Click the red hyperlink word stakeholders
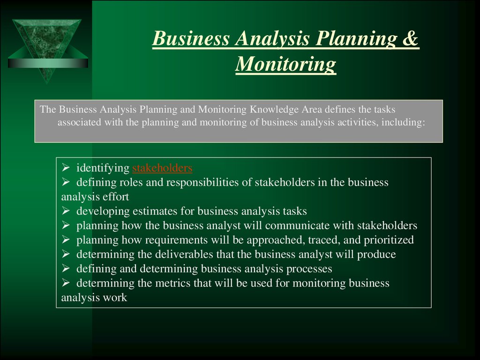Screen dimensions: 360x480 (163, 168)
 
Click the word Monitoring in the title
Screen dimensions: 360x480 (285, 64)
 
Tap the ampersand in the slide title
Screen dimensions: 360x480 (410, 38)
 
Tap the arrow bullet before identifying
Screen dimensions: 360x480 (66, 168)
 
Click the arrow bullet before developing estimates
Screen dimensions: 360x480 (66, 211)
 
